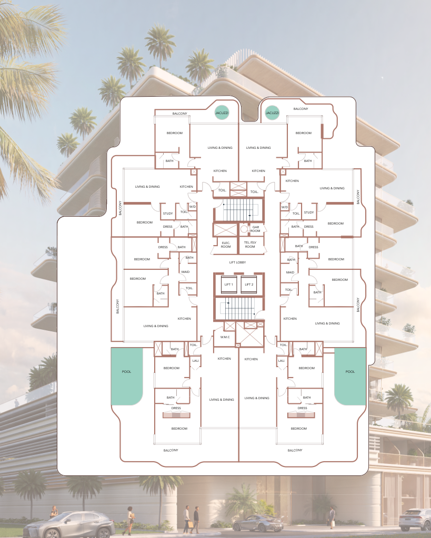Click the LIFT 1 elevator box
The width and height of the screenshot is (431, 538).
[x=229, y=285]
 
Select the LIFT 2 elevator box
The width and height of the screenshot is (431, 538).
[x=249, y=285]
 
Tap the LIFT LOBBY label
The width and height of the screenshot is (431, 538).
[x=237, y=262]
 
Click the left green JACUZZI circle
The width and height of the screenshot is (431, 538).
[x=222, y=113]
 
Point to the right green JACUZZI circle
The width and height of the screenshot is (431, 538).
[x=272, y=113]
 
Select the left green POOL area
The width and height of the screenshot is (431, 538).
[x=126, y=375]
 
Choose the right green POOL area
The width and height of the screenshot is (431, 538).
[x=350, y=375]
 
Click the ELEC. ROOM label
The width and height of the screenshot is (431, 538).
[x=226, y=245]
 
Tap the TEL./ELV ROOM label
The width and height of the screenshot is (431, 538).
[x=250, y=245]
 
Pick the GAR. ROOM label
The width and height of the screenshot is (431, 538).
[x=255, y=229]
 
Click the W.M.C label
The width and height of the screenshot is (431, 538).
[x=225, y=337]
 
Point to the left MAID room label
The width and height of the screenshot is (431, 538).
[x=185, y=272]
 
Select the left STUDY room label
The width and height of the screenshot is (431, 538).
[x=167, y=214]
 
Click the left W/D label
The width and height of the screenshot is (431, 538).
[x=192, y=207]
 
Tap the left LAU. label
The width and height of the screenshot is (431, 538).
[x=195, y=361]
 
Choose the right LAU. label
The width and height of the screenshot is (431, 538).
[x=281, y=361]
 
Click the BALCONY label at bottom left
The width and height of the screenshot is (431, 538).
[x=171, y=450]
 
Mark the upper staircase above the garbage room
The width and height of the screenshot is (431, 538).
[x=239, y=210]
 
